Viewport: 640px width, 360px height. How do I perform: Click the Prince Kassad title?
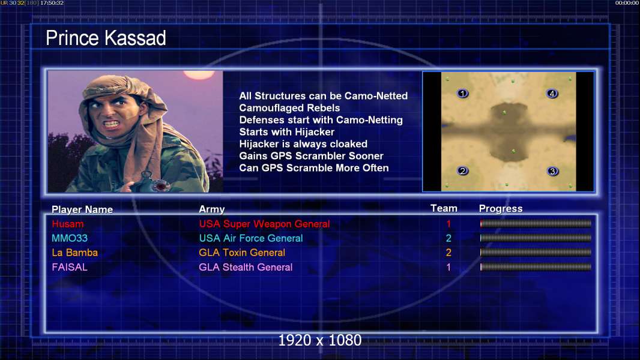(106, 38)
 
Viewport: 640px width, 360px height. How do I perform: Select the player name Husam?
(68, 224)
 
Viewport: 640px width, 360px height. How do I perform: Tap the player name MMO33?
(70, 238)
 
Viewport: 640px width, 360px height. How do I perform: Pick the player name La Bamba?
(74, 253)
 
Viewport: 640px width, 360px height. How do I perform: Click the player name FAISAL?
(70, 267)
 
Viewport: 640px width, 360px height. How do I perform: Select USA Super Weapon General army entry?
(265, 224)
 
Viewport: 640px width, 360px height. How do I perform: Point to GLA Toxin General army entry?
(242, 253)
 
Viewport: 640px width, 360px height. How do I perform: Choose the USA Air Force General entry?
(251, 238)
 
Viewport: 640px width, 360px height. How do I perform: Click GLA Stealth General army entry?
(246, 267)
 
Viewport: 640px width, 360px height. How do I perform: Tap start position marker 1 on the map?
(462, 94)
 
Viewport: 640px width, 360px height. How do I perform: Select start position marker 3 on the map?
(553, 171)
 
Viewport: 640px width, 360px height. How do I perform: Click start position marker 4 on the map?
(552, 94)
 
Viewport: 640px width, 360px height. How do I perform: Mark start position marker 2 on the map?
(462, 171)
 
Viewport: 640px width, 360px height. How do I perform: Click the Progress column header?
(501, 209)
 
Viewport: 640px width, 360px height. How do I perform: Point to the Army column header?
(212, 209)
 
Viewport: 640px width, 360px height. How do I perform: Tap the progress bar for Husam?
(536, 223)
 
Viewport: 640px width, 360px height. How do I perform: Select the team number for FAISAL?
(448, 267)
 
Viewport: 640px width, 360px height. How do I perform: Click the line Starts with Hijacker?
(287, 132)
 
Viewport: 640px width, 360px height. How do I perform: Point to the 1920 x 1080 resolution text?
(320, 340)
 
